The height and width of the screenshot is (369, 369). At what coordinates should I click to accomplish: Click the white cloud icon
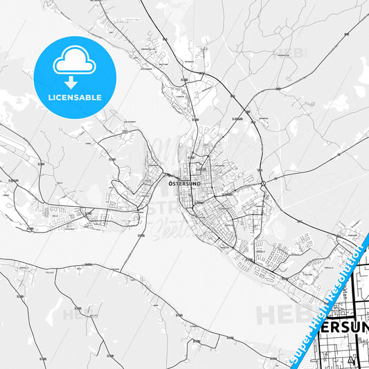[74, 63]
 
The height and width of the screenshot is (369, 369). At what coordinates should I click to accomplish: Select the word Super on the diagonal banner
[298, 349]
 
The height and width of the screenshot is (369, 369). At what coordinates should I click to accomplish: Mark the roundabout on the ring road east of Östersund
[264, 183]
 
